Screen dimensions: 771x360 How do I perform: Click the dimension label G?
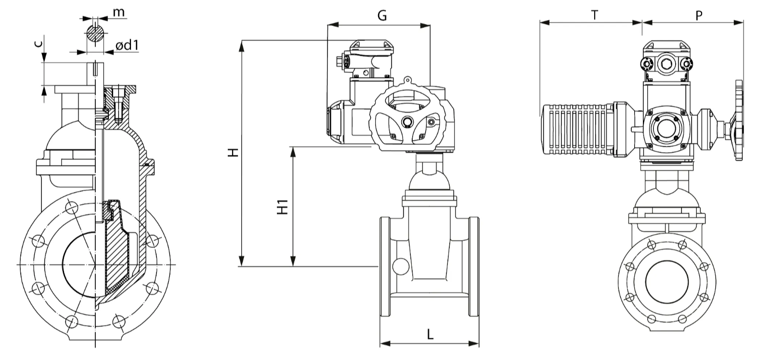pos(382,15)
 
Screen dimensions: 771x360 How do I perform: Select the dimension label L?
pos(430,334)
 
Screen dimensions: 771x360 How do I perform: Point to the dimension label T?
pos(594,15)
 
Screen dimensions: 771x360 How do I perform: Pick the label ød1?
pos(127,45)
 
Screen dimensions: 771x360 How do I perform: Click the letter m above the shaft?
pos(119,13)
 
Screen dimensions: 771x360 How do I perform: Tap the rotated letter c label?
pos(39,43)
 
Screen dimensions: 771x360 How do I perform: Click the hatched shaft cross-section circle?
pos(95,33)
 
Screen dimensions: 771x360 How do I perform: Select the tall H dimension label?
pos(234,152)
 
